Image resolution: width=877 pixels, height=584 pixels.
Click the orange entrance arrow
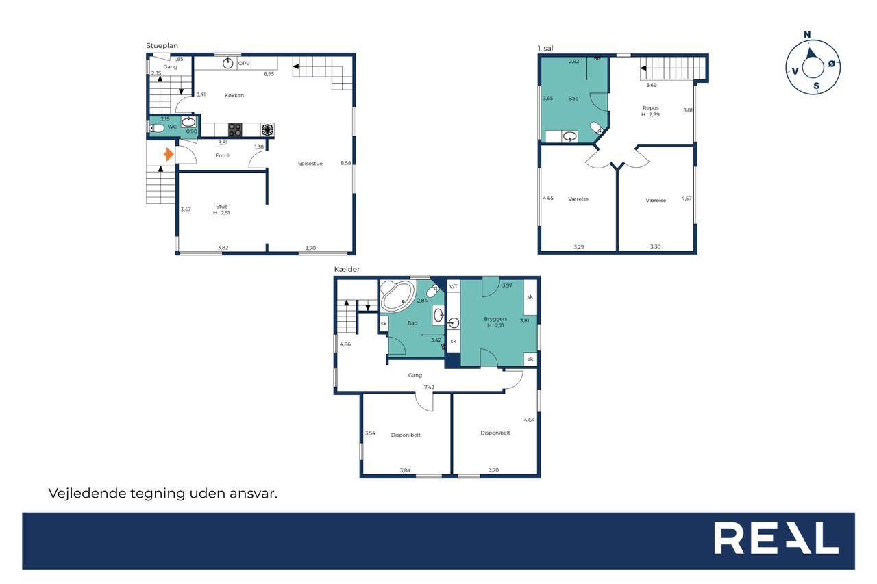click(x=169, y=154)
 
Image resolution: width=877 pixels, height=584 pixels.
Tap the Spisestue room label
click(x=310, y=164)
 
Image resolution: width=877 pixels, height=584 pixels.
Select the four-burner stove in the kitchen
click(x=235, y=130)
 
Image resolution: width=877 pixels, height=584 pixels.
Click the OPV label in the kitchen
click(x=244, y=64)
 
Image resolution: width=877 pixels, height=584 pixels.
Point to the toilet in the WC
click(x=157, y=128)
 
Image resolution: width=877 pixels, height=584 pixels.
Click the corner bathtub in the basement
click(x=397, y=296)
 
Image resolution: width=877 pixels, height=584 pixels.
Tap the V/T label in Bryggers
click(x=454, y=286)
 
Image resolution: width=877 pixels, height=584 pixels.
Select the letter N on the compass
click(x=807, y=35)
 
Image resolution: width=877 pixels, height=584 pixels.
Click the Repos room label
click(x=650, y=108)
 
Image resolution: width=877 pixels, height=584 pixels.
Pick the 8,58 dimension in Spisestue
click(x=346, y=163)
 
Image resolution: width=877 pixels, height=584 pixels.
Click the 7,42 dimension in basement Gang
click(x=429, y=388)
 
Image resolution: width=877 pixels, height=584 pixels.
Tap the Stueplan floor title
click(x=162, y=46)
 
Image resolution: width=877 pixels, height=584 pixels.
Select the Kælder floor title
click(x=347, y=269)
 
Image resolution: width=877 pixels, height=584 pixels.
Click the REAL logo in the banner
click(x=776, y=538)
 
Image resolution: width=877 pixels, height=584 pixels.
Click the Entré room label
click(x=222, y=155)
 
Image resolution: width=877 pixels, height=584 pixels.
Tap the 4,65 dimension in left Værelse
click(x=548, y=199)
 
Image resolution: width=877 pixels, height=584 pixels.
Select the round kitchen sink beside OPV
click(x=228, y=63)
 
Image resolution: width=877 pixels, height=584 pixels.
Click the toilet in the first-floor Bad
click(x=597, y=128)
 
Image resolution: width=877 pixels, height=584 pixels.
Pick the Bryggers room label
click(x=495, y=319)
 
